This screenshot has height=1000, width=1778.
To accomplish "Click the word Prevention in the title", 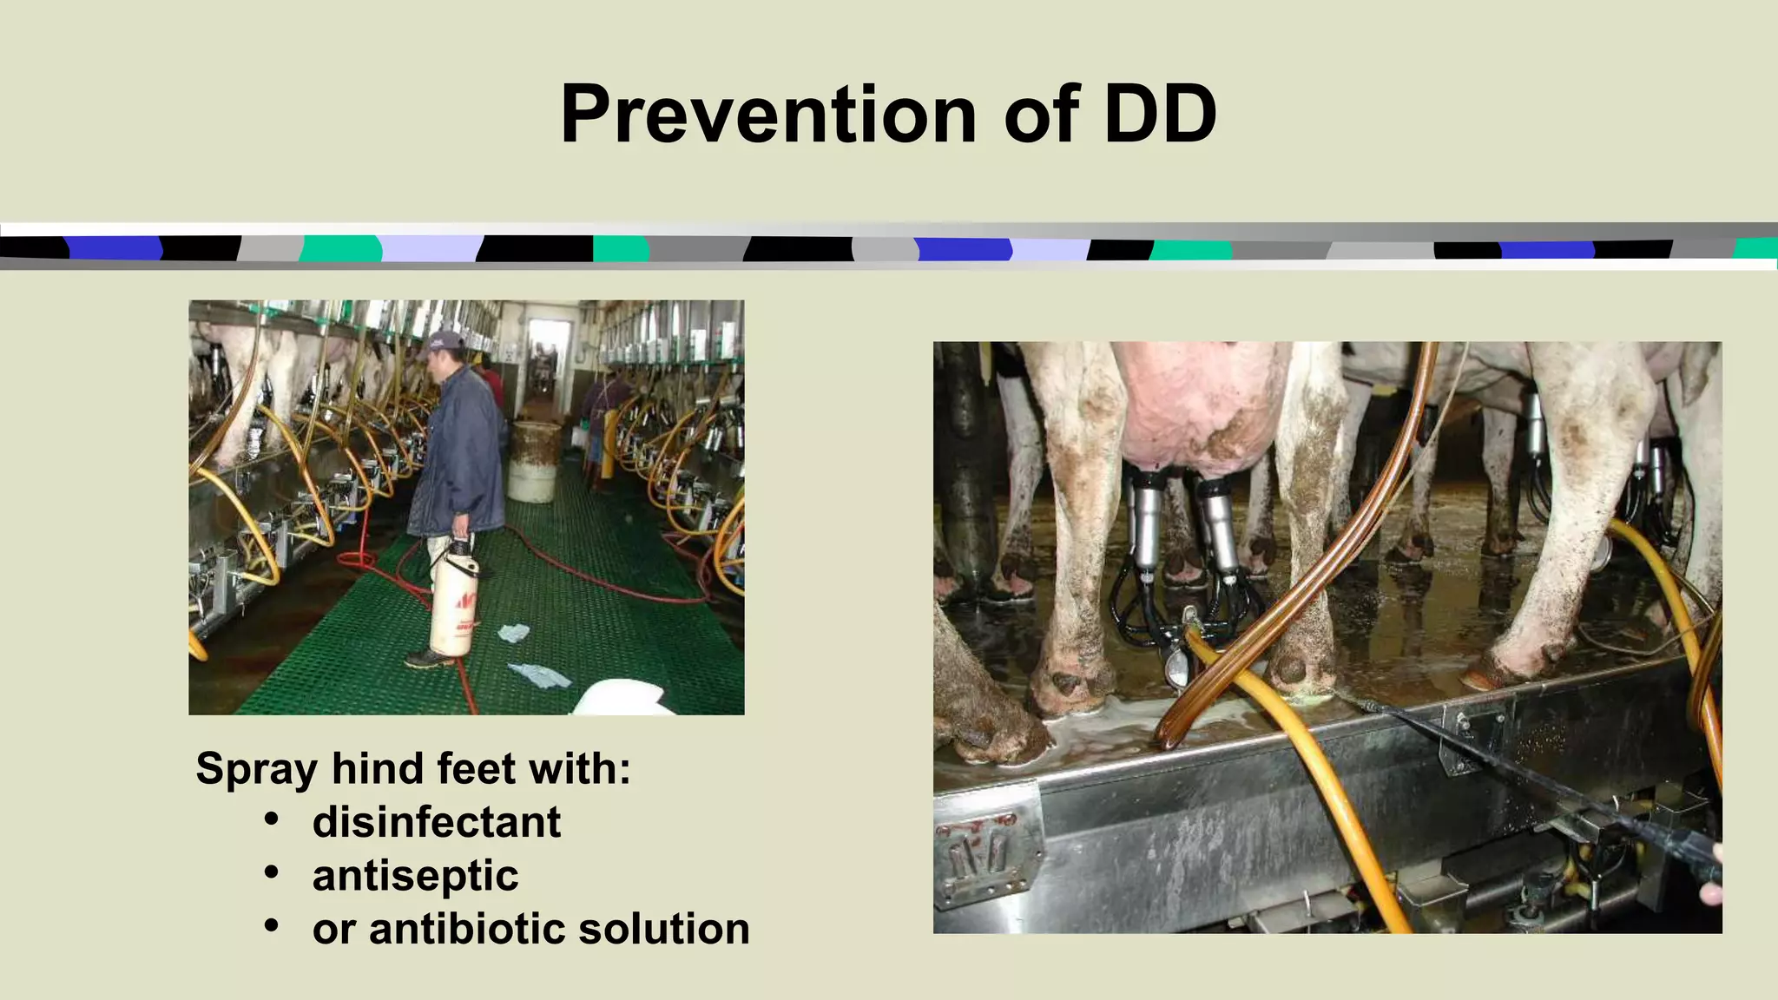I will click(769, 115).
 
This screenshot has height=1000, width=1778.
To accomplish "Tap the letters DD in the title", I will click(1160, 115).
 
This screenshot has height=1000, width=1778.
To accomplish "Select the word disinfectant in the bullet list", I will click(436, 822).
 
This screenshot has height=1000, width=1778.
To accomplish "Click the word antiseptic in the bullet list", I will click(415, 875).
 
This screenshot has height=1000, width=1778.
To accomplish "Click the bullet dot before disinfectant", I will click(272, 819).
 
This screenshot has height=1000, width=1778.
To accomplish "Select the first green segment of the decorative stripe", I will click(340, 248).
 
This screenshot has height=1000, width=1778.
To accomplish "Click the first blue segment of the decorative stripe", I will click(113, 248).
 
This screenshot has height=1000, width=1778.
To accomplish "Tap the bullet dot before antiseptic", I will click(272, 872).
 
